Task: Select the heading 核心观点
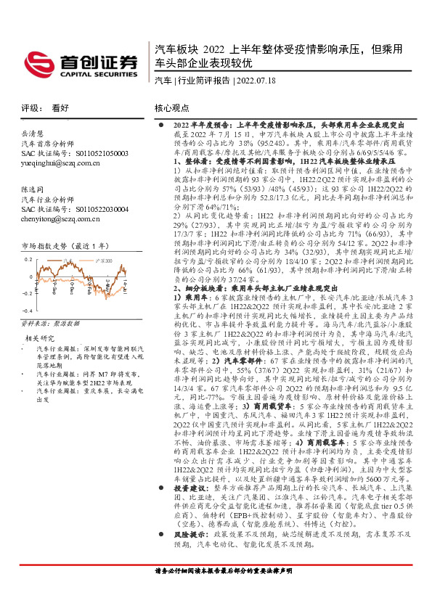click(x=171, y=107)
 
